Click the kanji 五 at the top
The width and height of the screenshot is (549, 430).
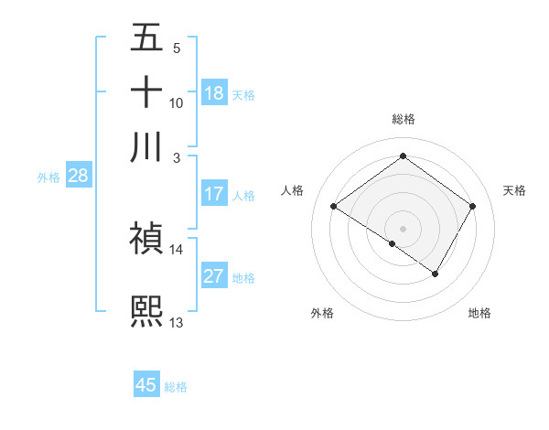click(146, 38)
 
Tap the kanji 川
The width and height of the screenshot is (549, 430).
click(146, 146)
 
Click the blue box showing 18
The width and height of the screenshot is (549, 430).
click(213, 93)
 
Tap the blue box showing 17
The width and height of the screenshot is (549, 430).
click(213, 194)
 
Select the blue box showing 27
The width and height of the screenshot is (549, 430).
click(213, 277)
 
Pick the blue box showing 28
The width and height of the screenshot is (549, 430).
click(78, 177)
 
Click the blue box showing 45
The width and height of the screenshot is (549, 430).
click(146, 385)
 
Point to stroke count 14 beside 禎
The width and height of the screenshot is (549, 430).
click(176, 249)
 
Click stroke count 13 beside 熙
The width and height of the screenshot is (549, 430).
click(176, 322)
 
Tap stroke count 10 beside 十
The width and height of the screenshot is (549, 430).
click(176, 102)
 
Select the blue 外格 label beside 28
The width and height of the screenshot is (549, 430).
click(48, 177)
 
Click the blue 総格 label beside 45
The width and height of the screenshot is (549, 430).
click(176, 386)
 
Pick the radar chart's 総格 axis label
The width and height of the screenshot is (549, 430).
click(403, 119)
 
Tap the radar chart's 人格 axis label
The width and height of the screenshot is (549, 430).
click(293, 190)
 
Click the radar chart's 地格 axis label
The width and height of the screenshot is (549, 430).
click(479, 313)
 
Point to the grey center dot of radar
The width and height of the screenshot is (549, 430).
click(403, 227)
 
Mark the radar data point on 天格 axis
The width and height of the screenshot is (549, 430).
click(472, 207)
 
